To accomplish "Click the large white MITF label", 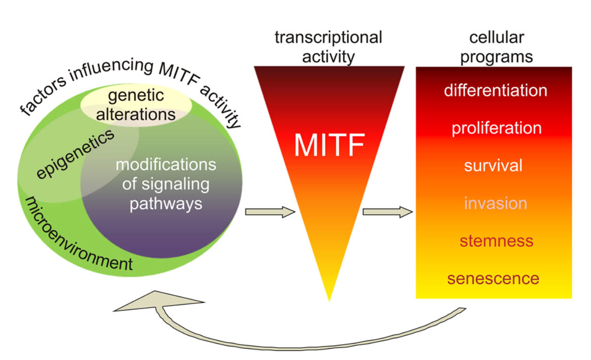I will [329, 146].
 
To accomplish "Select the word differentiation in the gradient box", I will [495, 90].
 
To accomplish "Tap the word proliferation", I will [496, 128].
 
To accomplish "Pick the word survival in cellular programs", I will [493, 165].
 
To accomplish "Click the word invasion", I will [495, 203].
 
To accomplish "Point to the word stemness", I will [497, 241].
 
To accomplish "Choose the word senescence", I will [493, 279].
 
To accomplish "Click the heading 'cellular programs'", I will [497, 47].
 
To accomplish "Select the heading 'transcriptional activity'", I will [328, 47].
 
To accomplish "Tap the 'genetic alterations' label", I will [136, 105].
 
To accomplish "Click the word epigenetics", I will [75, 154].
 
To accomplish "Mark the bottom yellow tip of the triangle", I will [329, 294].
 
